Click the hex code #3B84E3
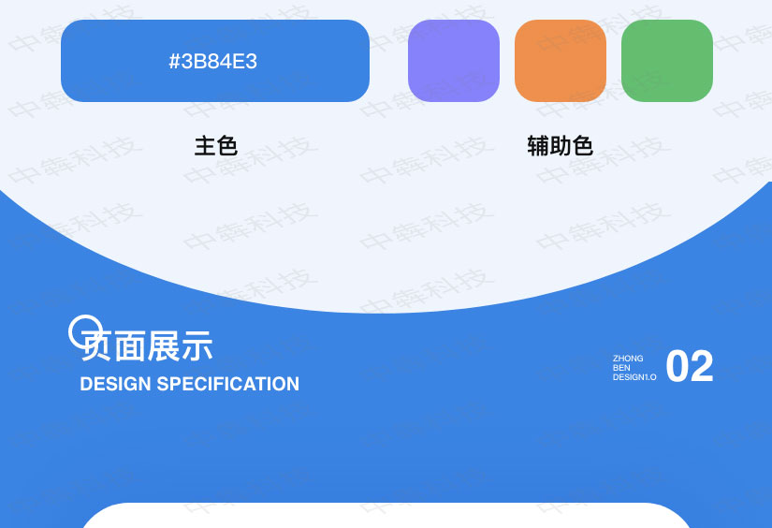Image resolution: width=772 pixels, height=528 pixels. tap(213, 62)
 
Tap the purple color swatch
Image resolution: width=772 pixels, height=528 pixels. tap(454, 61)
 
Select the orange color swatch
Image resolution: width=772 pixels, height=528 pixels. tap(561, 61)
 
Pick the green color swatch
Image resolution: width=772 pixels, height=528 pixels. tap(667, 61)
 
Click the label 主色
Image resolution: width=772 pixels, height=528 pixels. tap(216, 146)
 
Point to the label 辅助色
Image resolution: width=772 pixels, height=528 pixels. tap(560, 146)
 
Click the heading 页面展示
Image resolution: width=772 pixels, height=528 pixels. tap(147, 346)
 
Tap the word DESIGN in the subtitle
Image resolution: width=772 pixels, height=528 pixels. tap(116, 384)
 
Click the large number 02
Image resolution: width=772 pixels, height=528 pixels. tap(690, 367)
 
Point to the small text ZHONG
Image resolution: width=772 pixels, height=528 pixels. tap(628, 359)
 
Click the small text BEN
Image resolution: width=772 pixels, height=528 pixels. tap(621, 368)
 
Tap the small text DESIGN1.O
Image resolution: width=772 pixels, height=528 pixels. tap(634, 377)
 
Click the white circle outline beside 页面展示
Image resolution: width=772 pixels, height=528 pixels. tap(85, 331)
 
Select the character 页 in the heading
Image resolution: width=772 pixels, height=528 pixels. tap(97, 347)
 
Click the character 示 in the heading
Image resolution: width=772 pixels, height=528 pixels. tap(197, 346)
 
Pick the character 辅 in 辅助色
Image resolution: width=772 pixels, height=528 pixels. tap(538, 146)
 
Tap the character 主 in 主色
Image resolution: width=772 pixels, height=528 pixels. tap(205, 146)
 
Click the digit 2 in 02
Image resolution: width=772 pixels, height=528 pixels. tap(702, 367)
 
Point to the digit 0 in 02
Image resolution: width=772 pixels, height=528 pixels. tap(677, 367)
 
